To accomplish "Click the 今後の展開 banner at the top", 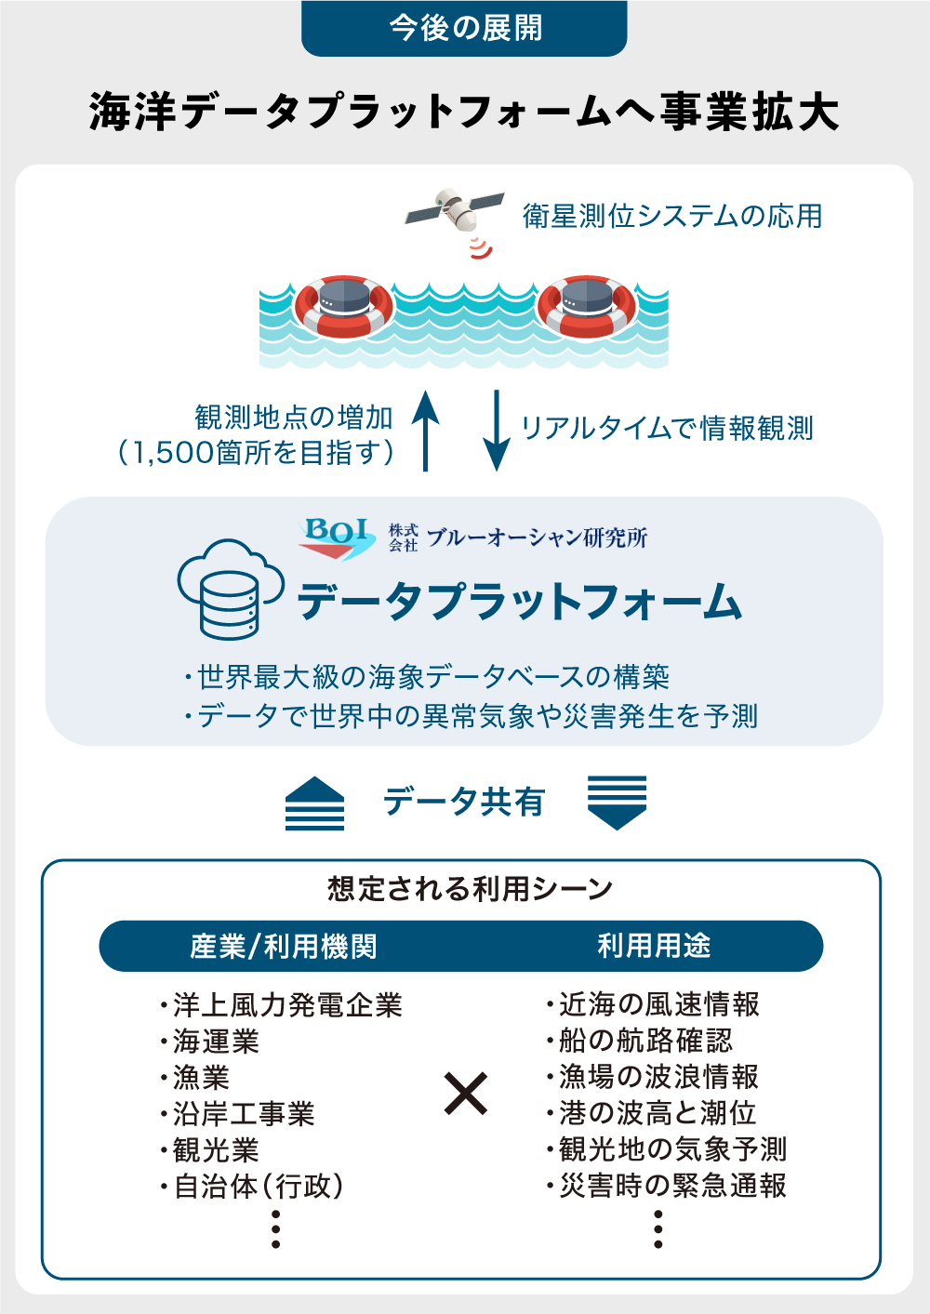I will click(x=464, y=28).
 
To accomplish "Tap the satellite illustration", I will click(x=454, y=210).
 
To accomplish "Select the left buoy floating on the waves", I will click(x=343, y=305).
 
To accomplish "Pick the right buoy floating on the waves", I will click(x=586, y=305).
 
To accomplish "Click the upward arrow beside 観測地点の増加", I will click(x=425, y=431).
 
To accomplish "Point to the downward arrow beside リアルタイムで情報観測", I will click(x=497, y=431).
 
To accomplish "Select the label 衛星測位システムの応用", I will click(x=672, y=216).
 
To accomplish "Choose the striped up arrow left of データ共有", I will click(x=314, y=803).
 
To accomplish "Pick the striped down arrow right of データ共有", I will click(x=617, y=803).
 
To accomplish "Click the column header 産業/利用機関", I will click(x=284, y=947).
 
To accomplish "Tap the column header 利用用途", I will click(x=654, y=946).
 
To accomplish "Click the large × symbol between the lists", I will click(x=465, y=1094).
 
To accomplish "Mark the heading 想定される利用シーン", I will click(x=470, y=889).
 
